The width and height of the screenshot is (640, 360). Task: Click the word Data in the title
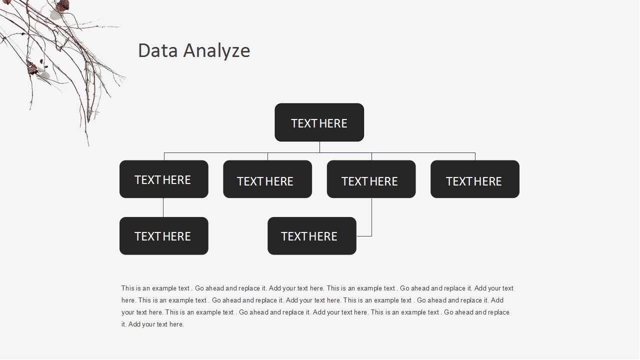[158, 50]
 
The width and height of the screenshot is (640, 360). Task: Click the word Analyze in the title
[217, 51]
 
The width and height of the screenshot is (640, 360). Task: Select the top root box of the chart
[319, 122]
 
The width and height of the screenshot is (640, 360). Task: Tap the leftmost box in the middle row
[164, 179]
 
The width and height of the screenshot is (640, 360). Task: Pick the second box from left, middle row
[267, 179]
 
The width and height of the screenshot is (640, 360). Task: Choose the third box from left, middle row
[371, 179]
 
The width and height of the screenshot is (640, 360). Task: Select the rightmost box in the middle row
[475, 179]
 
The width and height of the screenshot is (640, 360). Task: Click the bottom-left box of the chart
[164, 236]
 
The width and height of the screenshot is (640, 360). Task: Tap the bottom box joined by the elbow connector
[312, 236]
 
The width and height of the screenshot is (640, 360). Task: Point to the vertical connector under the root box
[319, 147]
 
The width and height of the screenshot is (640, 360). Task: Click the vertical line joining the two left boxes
[163, 207]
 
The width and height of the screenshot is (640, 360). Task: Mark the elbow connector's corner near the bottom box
[371, 236]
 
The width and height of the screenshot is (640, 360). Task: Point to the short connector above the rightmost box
[475, 156]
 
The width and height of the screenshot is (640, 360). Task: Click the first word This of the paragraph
[127, 288]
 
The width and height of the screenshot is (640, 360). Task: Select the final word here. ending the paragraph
[176, 324]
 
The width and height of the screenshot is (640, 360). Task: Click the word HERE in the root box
[333, 123]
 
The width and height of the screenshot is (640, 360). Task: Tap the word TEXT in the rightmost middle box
[459, 181]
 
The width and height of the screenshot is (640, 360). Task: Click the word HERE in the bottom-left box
[176, 236]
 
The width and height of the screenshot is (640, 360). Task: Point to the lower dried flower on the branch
[32, 68]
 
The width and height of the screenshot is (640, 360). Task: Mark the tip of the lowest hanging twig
[88, 146]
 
